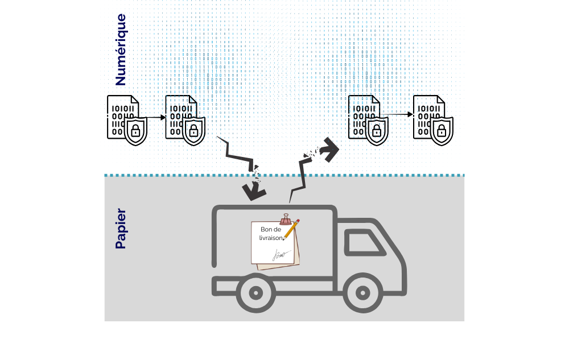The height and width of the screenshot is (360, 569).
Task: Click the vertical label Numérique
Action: pos(120,49)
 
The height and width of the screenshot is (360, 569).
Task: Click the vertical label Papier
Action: pos(120,229)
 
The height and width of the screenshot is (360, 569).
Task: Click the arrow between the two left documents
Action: pos(156,118)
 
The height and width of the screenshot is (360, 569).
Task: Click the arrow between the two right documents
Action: pos(401,115)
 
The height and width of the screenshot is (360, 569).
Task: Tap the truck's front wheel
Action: pos(362,293)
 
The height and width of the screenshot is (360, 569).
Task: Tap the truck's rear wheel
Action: pos(255,293)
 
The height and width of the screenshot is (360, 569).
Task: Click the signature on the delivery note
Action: pos(281,254)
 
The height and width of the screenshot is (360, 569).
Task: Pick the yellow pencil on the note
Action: pos(291,229)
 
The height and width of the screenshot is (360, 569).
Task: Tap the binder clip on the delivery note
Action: pos(286,219)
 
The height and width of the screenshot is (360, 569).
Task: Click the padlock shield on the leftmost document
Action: pos(135,131)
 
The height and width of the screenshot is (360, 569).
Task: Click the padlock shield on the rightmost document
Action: pos(441,131)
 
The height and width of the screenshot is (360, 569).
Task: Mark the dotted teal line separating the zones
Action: pos(284,175)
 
